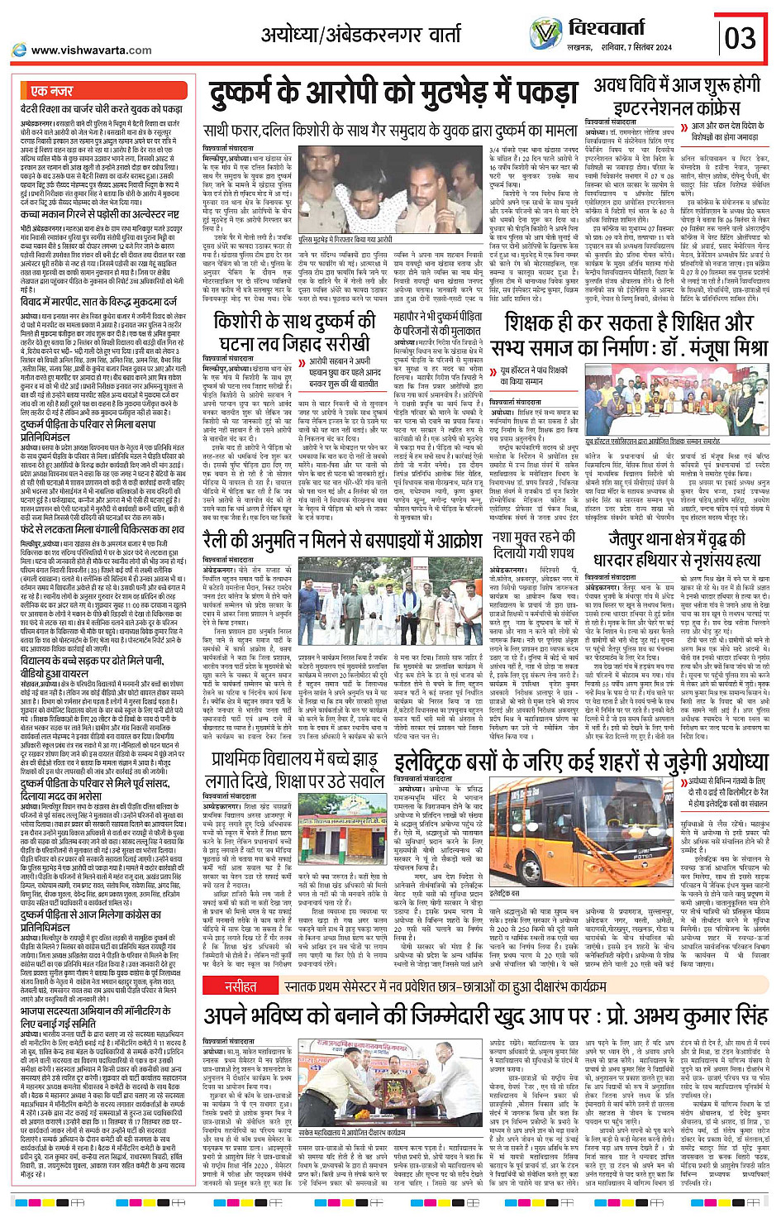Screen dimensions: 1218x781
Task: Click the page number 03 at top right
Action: click(x=740, y=37)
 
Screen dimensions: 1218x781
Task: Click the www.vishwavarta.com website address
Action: click(x=91, y=50)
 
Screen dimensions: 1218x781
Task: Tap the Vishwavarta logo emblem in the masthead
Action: click(x=545, y=34)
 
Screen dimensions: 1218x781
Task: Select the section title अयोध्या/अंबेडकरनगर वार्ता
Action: click(x=361, y=35)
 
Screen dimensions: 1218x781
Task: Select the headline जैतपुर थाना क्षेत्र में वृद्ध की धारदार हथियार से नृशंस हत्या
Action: click(x=677, y=549)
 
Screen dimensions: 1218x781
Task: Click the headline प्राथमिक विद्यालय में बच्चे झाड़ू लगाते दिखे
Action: click(x=293, y=771)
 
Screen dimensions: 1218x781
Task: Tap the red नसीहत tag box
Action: click(x=240, y=986)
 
